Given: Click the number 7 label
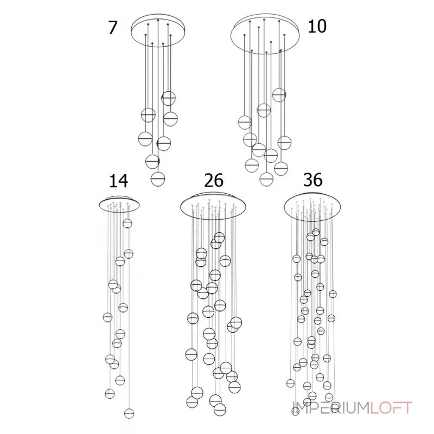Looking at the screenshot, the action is click(113, 28).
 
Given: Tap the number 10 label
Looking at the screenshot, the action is click(317, 27).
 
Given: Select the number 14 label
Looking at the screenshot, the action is click(118, 181).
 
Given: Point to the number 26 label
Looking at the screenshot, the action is click(214, 181).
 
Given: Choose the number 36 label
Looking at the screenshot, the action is click(313, 180).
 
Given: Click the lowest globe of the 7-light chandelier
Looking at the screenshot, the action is click(158, 179).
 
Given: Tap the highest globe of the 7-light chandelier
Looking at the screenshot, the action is click(168, 98).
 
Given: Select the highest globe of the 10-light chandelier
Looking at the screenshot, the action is click(279, 95).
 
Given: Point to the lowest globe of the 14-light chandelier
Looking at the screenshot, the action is click(129, 413).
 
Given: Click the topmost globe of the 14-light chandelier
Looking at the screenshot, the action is click(127, 224).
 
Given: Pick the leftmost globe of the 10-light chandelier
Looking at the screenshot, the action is click(245, 123).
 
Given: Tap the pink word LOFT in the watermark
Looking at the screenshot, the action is click(391, 408).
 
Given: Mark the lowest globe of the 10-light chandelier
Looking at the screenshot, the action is click(266, 179).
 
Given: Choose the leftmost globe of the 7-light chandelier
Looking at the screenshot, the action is click(145, 139).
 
